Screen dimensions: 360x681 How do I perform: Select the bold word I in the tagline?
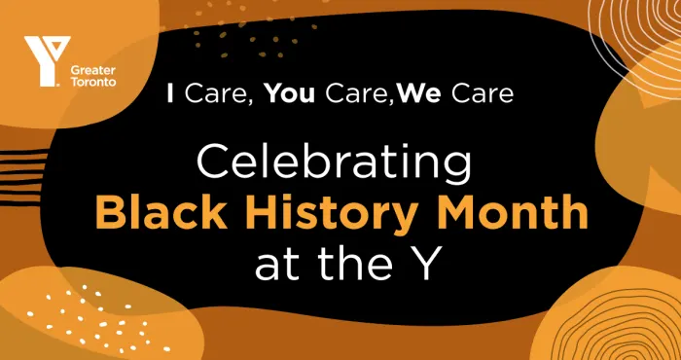click(x=170, y=95)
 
